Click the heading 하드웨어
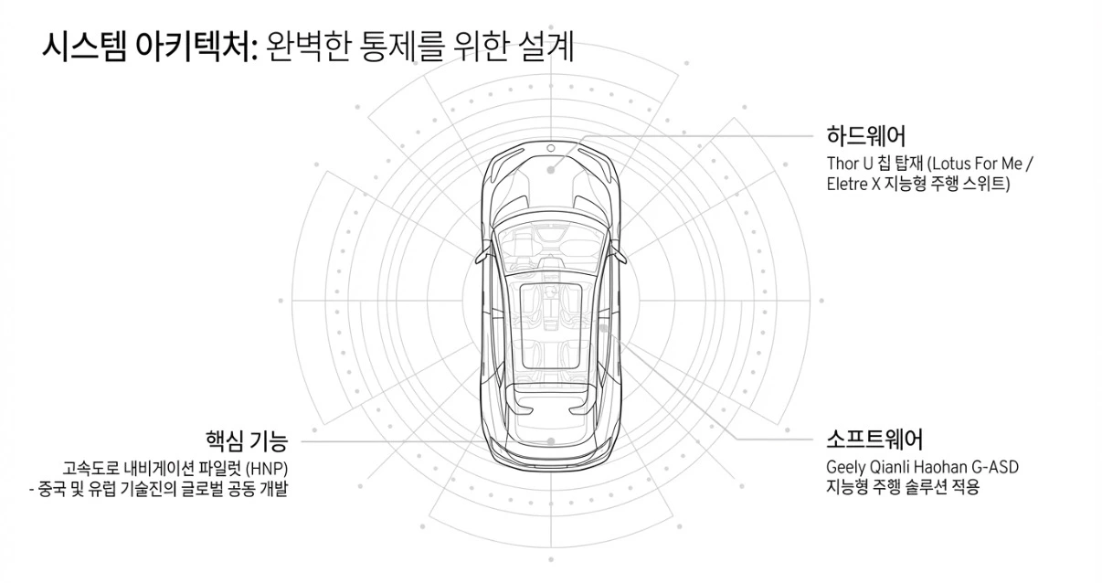865,137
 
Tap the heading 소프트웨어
874,439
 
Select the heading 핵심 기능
247,442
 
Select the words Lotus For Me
976,164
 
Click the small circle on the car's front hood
550,148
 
